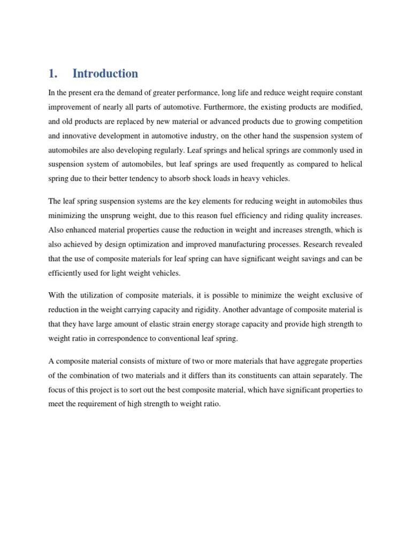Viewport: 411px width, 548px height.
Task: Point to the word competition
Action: coord(341,121)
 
